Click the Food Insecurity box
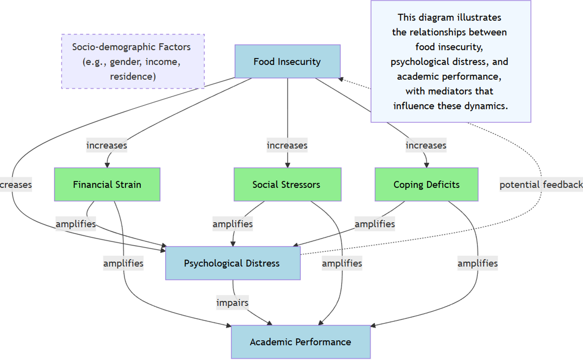point(287,62)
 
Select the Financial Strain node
point(107,185)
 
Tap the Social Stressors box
point(287,185)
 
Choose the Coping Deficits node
point(426,185)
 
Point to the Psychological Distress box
point(232,263)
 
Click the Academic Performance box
point(301,342)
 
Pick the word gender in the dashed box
point(122,62)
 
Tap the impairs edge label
point(232,303)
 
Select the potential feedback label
point(540,185)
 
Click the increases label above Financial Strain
point(106,145)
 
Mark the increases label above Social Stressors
point(287,145)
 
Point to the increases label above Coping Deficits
point(426,145)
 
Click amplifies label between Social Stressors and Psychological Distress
point(233,224)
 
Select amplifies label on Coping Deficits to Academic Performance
point(477,263)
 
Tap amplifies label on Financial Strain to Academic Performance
point(123,263)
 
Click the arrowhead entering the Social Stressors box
point(287,165)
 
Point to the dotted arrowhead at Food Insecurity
point(341,79)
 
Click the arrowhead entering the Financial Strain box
point(107,165)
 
